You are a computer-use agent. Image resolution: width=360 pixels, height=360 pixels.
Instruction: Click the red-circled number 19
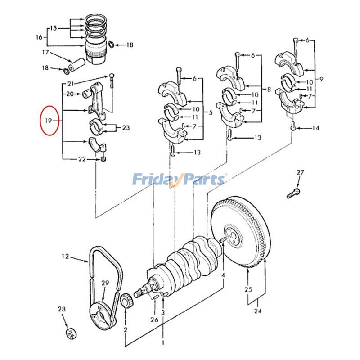[x=49, y=121]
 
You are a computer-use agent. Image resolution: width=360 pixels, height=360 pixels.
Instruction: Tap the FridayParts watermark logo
[x=179, y=180]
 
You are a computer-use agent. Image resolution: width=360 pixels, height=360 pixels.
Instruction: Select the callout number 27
[x=301, y=173]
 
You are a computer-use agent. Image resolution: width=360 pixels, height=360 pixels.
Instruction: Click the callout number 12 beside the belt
[x=66, y=256]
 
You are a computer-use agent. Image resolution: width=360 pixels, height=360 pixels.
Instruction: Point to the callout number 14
[x=315, y=128]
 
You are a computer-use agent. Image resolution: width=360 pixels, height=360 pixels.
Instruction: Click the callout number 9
[x=320, y=79]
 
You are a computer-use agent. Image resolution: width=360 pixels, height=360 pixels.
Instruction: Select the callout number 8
[x=269, y=90]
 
